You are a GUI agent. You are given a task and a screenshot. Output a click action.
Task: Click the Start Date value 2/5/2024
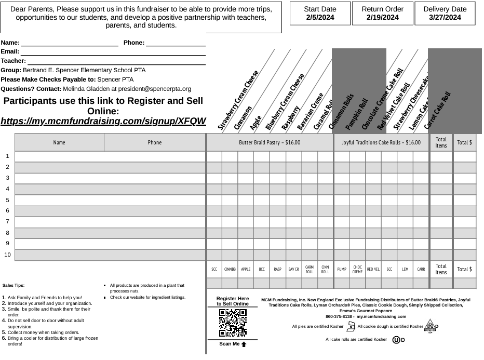(x=319, y=18)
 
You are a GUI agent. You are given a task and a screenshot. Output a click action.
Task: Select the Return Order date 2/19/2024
(x=382, y=18)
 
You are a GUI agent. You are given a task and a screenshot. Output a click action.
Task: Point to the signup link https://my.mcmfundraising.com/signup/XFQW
(x=103, y=122)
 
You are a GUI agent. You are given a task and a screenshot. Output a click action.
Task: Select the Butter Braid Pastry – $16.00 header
(x=270, y=142)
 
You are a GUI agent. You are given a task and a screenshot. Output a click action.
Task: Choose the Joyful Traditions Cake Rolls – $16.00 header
(x=381, y=142)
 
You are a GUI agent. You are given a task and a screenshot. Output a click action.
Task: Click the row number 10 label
(x=8, y=255)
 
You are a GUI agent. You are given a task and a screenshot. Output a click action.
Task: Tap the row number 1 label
(x=8, y=156)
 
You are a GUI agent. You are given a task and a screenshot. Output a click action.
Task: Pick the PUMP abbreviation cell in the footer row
(x=341, y=270)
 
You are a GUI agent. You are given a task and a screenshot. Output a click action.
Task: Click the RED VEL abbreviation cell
(x=373, y=270)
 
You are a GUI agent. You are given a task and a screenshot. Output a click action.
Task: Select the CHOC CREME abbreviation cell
(x=357, y=270)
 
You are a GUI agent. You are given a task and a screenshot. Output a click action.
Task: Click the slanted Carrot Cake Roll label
(x=437, y=111)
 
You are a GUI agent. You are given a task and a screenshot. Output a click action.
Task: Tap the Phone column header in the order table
(x=155, y=142)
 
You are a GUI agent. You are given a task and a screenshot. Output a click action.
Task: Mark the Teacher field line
(x=116, y=61)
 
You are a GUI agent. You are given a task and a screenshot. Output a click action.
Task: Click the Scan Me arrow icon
(x=243, y=344)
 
